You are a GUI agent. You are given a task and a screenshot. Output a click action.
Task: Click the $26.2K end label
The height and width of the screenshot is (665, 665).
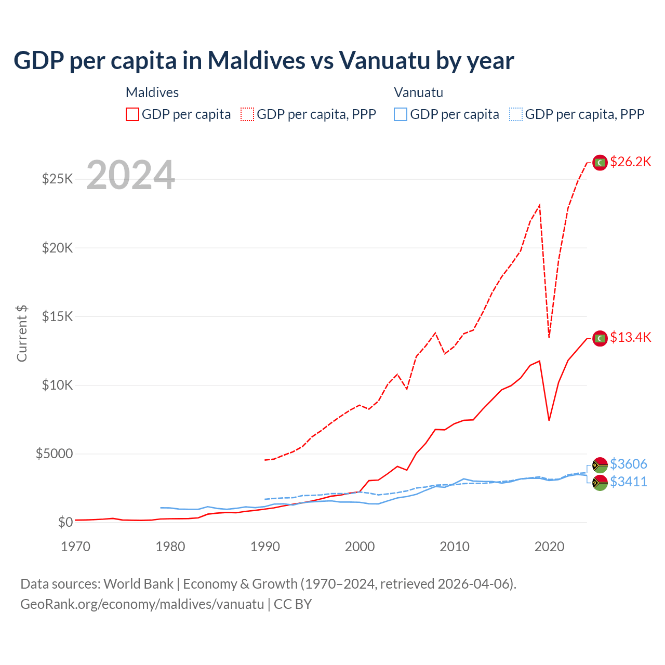tap(630, 162)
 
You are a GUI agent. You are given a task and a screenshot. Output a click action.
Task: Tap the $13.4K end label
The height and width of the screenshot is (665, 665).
tap(630, 337)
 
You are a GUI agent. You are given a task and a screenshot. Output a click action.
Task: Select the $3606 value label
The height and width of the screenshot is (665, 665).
tap(628, 463)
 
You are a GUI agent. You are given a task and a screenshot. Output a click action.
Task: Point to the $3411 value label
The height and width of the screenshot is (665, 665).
tap(628, 482)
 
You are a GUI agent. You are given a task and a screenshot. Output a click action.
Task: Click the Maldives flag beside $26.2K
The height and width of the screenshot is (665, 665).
tap(600, 163)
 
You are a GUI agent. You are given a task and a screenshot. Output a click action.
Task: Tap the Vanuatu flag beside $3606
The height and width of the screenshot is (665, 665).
tap(600, 464)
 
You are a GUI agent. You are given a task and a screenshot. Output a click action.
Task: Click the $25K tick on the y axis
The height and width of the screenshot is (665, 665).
tap(58, 179)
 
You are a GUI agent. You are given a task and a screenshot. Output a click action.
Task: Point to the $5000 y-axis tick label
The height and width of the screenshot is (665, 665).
tap(54, 454)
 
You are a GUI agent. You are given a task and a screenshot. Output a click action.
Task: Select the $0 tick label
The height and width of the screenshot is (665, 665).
tap(65, 522)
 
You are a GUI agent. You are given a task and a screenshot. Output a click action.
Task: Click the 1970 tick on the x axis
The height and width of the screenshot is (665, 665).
tap(75, 547)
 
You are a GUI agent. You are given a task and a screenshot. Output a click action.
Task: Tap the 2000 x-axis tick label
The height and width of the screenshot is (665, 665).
tap(360, 547)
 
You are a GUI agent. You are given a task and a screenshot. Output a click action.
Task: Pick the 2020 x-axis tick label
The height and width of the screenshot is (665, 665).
tap(549, 547)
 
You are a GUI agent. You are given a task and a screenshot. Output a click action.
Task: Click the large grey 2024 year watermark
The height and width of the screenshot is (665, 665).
tap(130, 175)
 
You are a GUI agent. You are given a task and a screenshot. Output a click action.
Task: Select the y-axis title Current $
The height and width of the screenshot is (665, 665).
tap(22, 334)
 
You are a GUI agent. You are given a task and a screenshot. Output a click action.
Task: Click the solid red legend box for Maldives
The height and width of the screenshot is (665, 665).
tap(132, 114)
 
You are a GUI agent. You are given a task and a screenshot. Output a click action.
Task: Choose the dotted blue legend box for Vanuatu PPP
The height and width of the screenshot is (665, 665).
tap(516, 114)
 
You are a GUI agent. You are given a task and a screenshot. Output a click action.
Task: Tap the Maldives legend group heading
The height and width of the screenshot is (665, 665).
tap(152, 92)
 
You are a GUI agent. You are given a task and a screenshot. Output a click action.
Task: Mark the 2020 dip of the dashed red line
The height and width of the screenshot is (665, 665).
tap(549, 337)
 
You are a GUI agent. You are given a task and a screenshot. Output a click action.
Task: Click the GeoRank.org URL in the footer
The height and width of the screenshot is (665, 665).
tap(142, 604)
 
